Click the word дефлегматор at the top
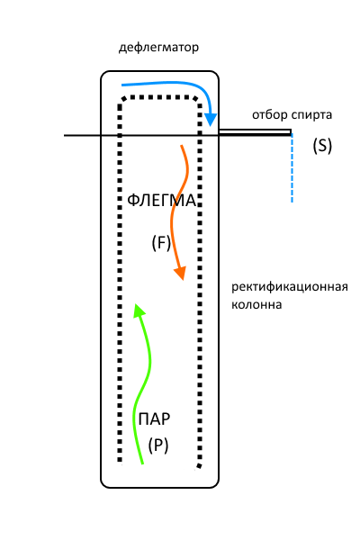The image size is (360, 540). pos(158,47)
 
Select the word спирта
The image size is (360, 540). pos(312,115)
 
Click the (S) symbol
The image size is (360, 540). pos(322,145)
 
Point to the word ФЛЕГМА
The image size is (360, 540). pos(162,201)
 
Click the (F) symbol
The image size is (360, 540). pos(161,243)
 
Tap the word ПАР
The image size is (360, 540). pos(154,419)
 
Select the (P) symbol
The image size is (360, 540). pos(158,445)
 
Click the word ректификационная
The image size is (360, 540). pos(290,287)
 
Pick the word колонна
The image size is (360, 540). pos(256,305)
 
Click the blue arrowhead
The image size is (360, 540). pos(210,119)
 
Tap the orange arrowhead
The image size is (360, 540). pos(180,273)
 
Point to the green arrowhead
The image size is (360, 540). pos(139,310)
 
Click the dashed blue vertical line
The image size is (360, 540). pos(292,168)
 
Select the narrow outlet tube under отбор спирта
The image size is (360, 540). pos(255,132)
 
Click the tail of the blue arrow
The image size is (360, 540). pos(122,85)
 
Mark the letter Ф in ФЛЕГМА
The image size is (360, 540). pos(133,201)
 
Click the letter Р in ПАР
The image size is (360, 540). pos(166,419)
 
